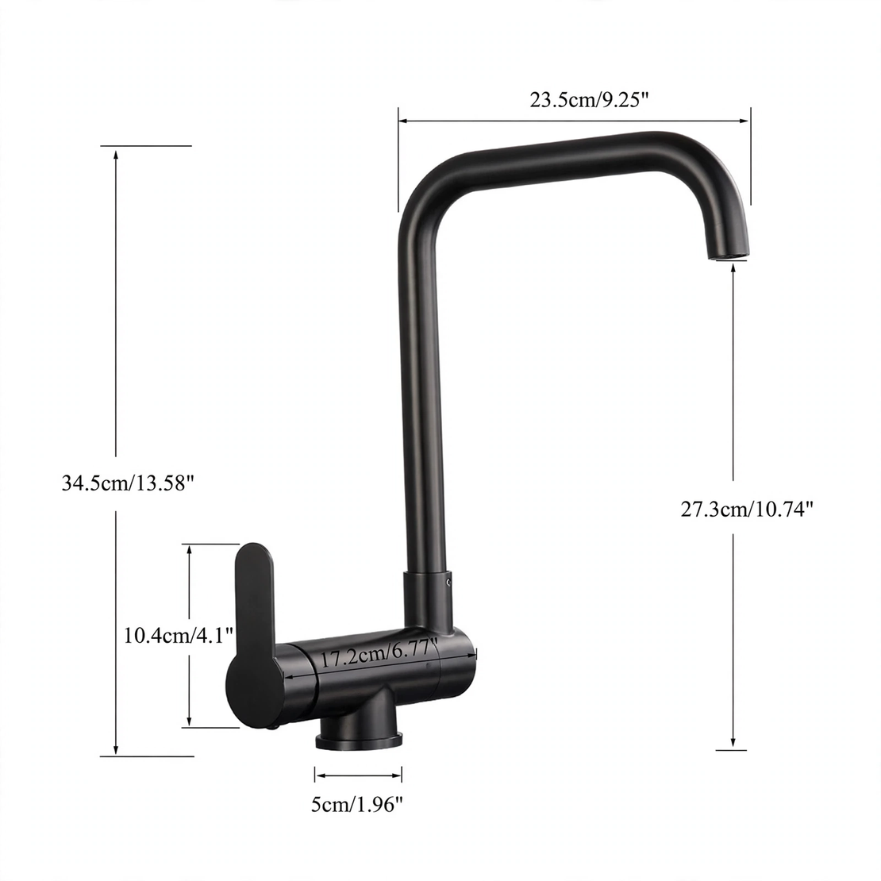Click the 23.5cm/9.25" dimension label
[x=589, y=100]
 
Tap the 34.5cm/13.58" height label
[x=128, y=483]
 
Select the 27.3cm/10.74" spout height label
[x=747, y=509]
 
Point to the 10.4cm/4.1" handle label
[x=178, y=636]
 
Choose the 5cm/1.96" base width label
[x=357, y=805]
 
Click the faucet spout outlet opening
[x=728, y=256]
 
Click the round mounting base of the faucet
[x=359, y=739]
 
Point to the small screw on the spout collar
[x=448, y=581]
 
